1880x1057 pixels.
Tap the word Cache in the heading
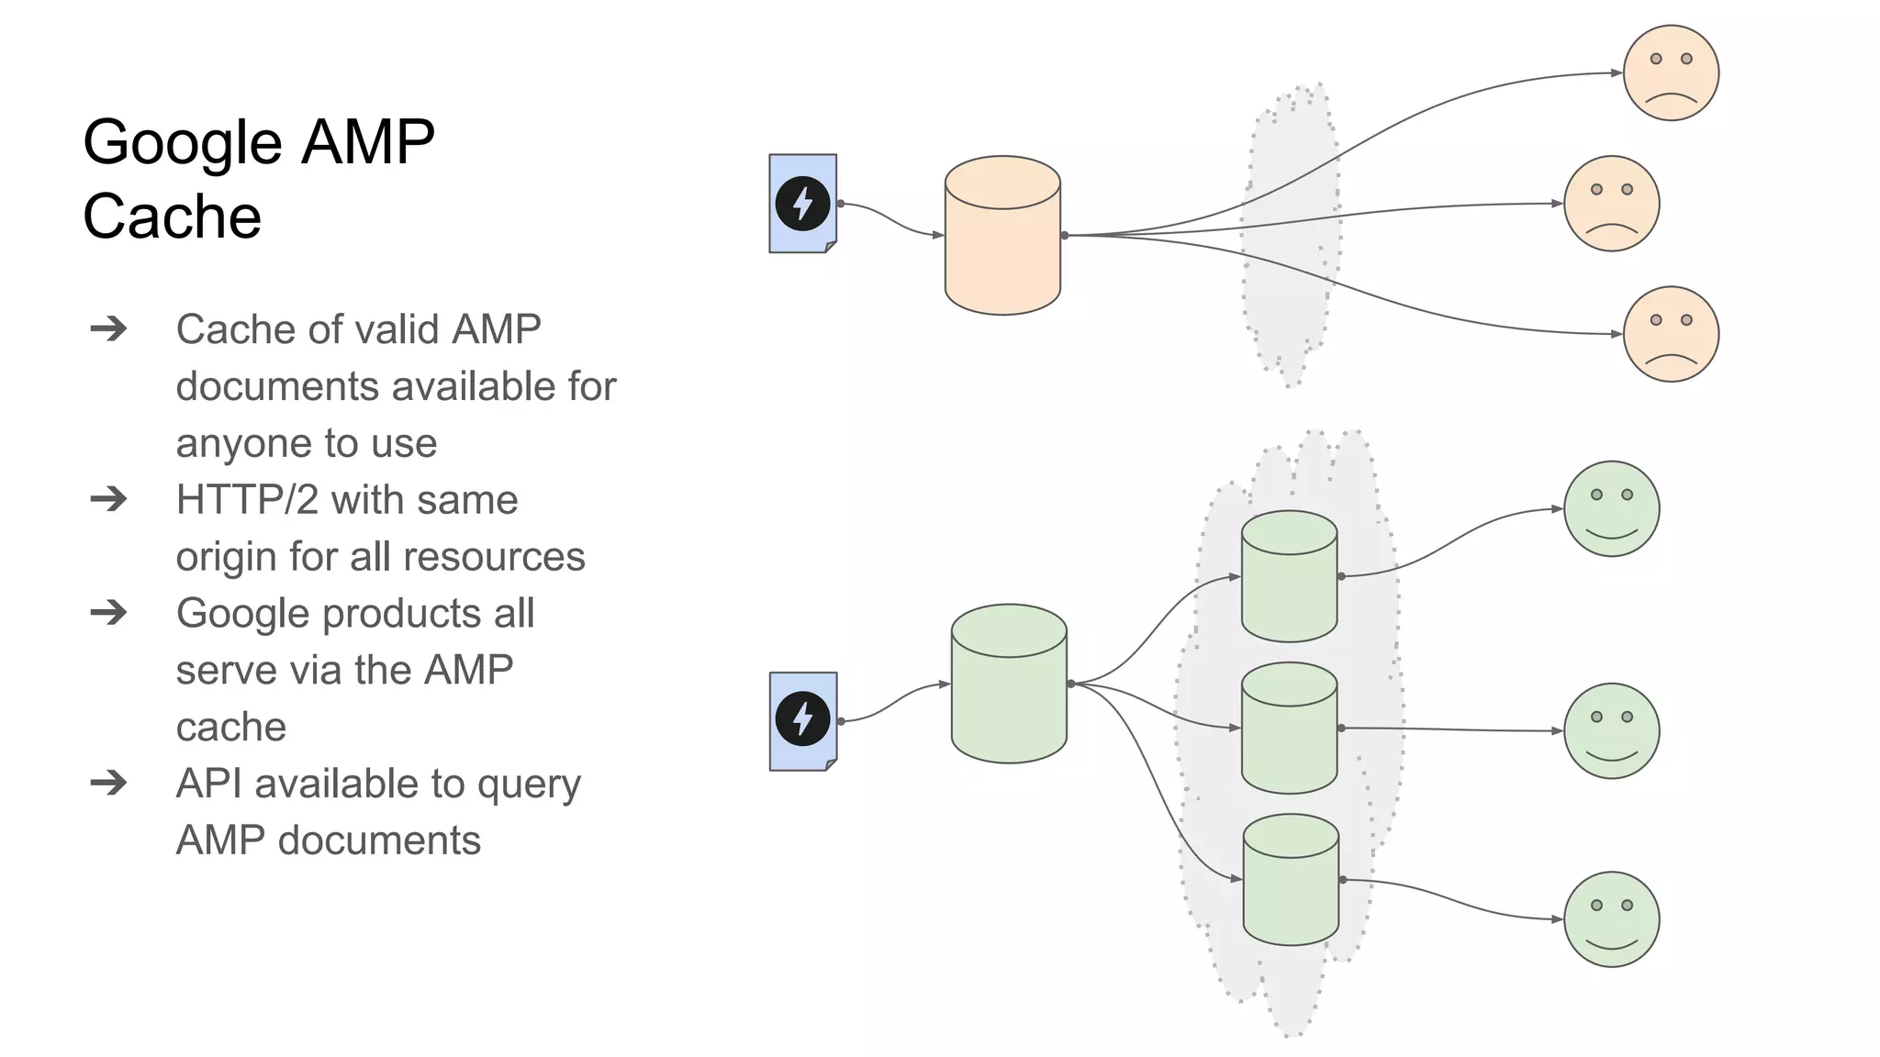(x=172, y=217)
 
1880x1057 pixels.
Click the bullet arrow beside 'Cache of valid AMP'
(x=108, y=328)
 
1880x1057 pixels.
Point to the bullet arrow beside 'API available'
(x=108, y=783)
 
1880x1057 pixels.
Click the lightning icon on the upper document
(x=802, y=203)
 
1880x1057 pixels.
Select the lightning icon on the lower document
(x=802, y=719)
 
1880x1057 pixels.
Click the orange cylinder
(x=1002, y=237)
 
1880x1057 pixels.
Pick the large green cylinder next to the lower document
(x=1009, y=684)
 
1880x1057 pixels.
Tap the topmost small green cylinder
(x=1289, y=577)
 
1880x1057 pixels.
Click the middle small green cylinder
(x=1289, y=729)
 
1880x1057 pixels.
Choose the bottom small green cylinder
(x=1291, y=880)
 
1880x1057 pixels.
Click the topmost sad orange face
(x=1671, y=72)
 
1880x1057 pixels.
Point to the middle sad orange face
(x=1611, y=203)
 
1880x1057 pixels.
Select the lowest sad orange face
(x=1671, y=334)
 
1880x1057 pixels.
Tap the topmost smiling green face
(x=1611, y=508)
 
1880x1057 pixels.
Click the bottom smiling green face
(x=1611, y=918)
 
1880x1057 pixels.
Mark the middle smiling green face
(x=1611, y=730)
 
